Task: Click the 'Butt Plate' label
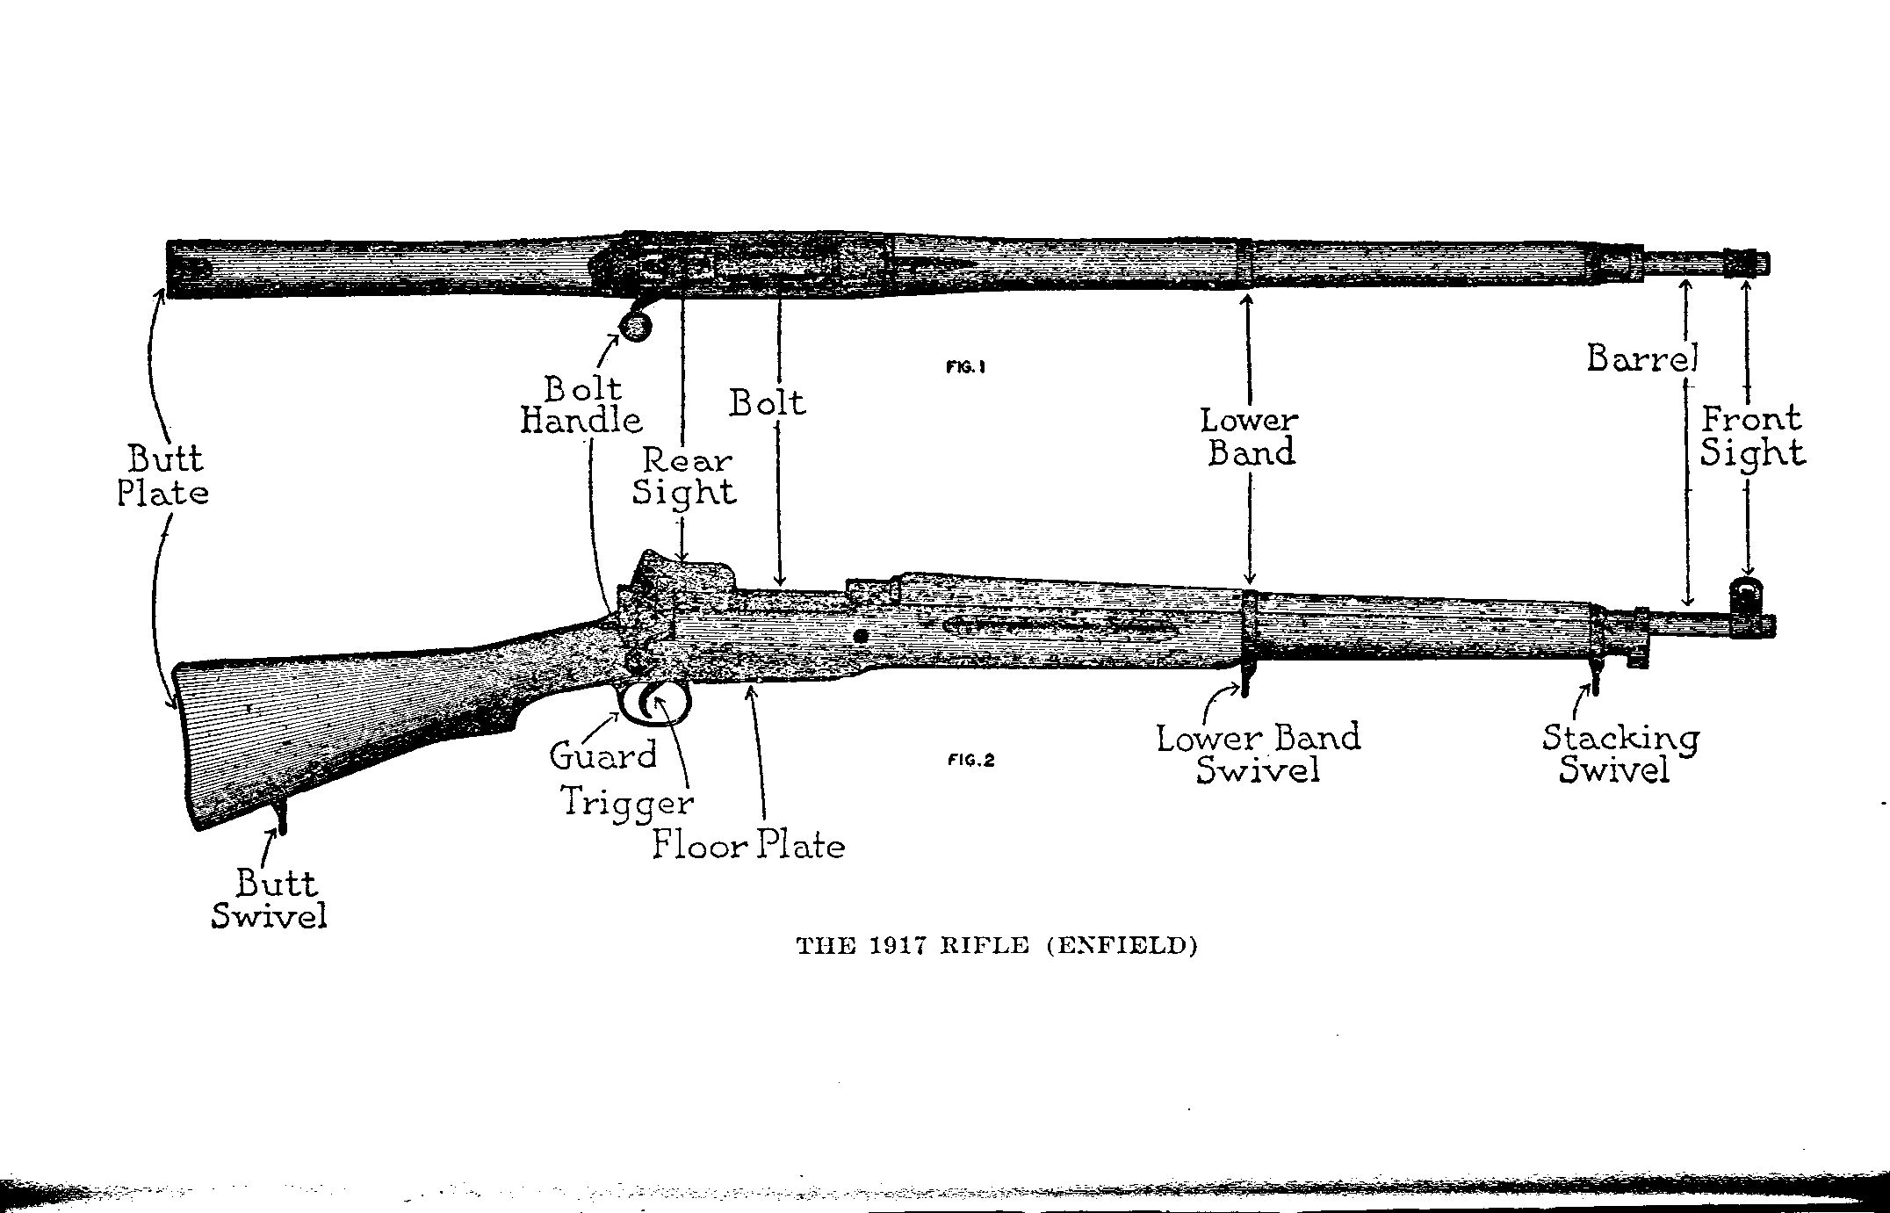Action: pos(163,475)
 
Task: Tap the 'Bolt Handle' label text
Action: pos(582,404)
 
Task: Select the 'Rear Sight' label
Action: pos(685,475)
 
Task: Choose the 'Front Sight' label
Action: pos(1752,437)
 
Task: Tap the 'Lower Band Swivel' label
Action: pos(1259,753)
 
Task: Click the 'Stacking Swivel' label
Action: pos(1619,753)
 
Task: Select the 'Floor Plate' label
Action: pos(748,845)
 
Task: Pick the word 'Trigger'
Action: pos(627,802)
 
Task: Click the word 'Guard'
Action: pos(603,755)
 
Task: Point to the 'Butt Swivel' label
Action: pos(270,899)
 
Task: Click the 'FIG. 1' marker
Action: pos(966,368)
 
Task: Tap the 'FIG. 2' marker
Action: pos(970,761)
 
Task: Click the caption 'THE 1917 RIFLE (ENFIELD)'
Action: pos(996,946)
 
